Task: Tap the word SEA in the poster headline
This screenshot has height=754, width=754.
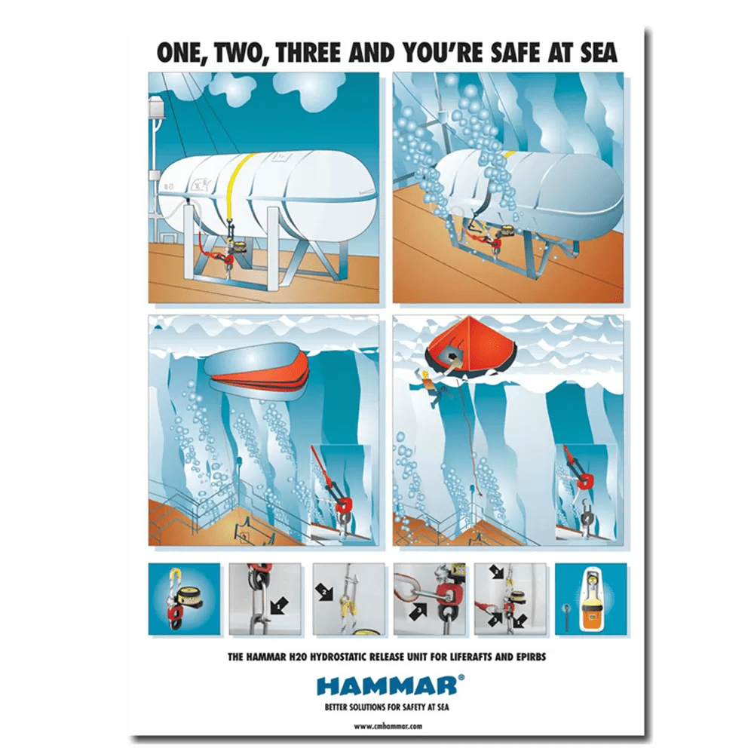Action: [x=599, y=53]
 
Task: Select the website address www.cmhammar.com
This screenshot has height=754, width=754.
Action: [x=388, y=726]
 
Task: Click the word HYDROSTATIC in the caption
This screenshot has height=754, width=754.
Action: [x=343, y=657]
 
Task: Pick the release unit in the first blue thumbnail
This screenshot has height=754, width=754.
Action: [x=180, y=598]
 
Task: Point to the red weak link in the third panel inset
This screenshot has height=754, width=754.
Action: [x=343, y=505]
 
